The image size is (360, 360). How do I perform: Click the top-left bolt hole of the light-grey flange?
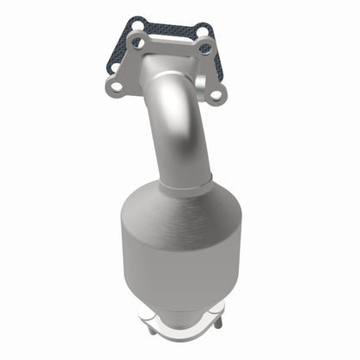coord(137,39)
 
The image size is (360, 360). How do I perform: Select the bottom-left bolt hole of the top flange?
coord(115,85)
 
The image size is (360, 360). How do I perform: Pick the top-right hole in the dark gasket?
coord(203,31)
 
